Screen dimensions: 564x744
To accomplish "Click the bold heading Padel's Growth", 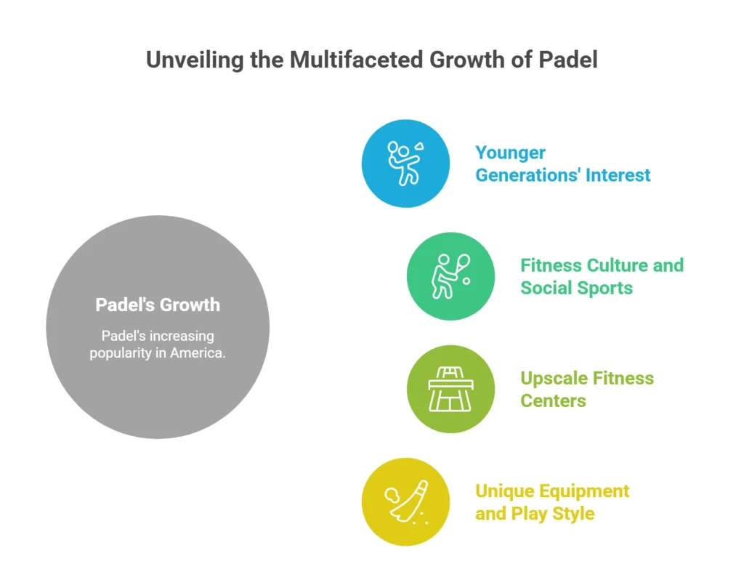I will point(158,305).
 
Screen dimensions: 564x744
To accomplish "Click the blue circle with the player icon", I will point(405,164).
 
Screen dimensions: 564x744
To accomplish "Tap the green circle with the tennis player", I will point(450,276).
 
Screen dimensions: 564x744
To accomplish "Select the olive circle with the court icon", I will point(450,389).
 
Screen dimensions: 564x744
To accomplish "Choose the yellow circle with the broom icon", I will point(405,501).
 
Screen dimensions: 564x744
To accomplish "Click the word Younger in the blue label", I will point(511,153).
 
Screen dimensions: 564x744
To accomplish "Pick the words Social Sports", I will point(576,288).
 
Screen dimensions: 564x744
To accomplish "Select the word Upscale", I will point(554,378).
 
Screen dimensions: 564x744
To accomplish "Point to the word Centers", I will point(553,400).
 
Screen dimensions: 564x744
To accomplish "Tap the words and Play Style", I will point(535,513).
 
